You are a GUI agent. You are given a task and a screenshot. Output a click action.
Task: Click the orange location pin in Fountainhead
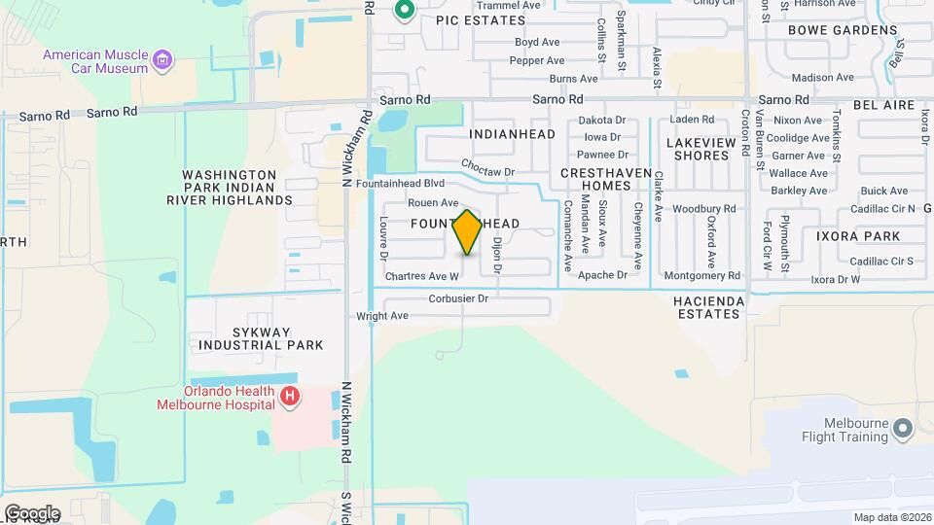(467, 231)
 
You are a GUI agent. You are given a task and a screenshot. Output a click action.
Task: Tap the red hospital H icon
(289, 397)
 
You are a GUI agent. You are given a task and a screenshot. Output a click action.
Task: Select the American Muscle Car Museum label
(94, 61)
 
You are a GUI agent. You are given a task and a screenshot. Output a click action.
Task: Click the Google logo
(32, 512)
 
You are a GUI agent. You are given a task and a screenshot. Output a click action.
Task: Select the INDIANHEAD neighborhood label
(512, 134)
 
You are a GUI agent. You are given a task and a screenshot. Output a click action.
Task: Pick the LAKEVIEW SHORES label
(698, 149)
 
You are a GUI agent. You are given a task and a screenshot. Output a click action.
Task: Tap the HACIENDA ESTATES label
(708, 307)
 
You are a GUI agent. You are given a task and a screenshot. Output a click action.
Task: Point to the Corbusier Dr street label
(458, 298)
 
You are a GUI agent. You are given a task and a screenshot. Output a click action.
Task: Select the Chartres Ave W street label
(421, 276)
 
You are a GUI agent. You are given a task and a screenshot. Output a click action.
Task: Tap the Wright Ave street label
(382, 316)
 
